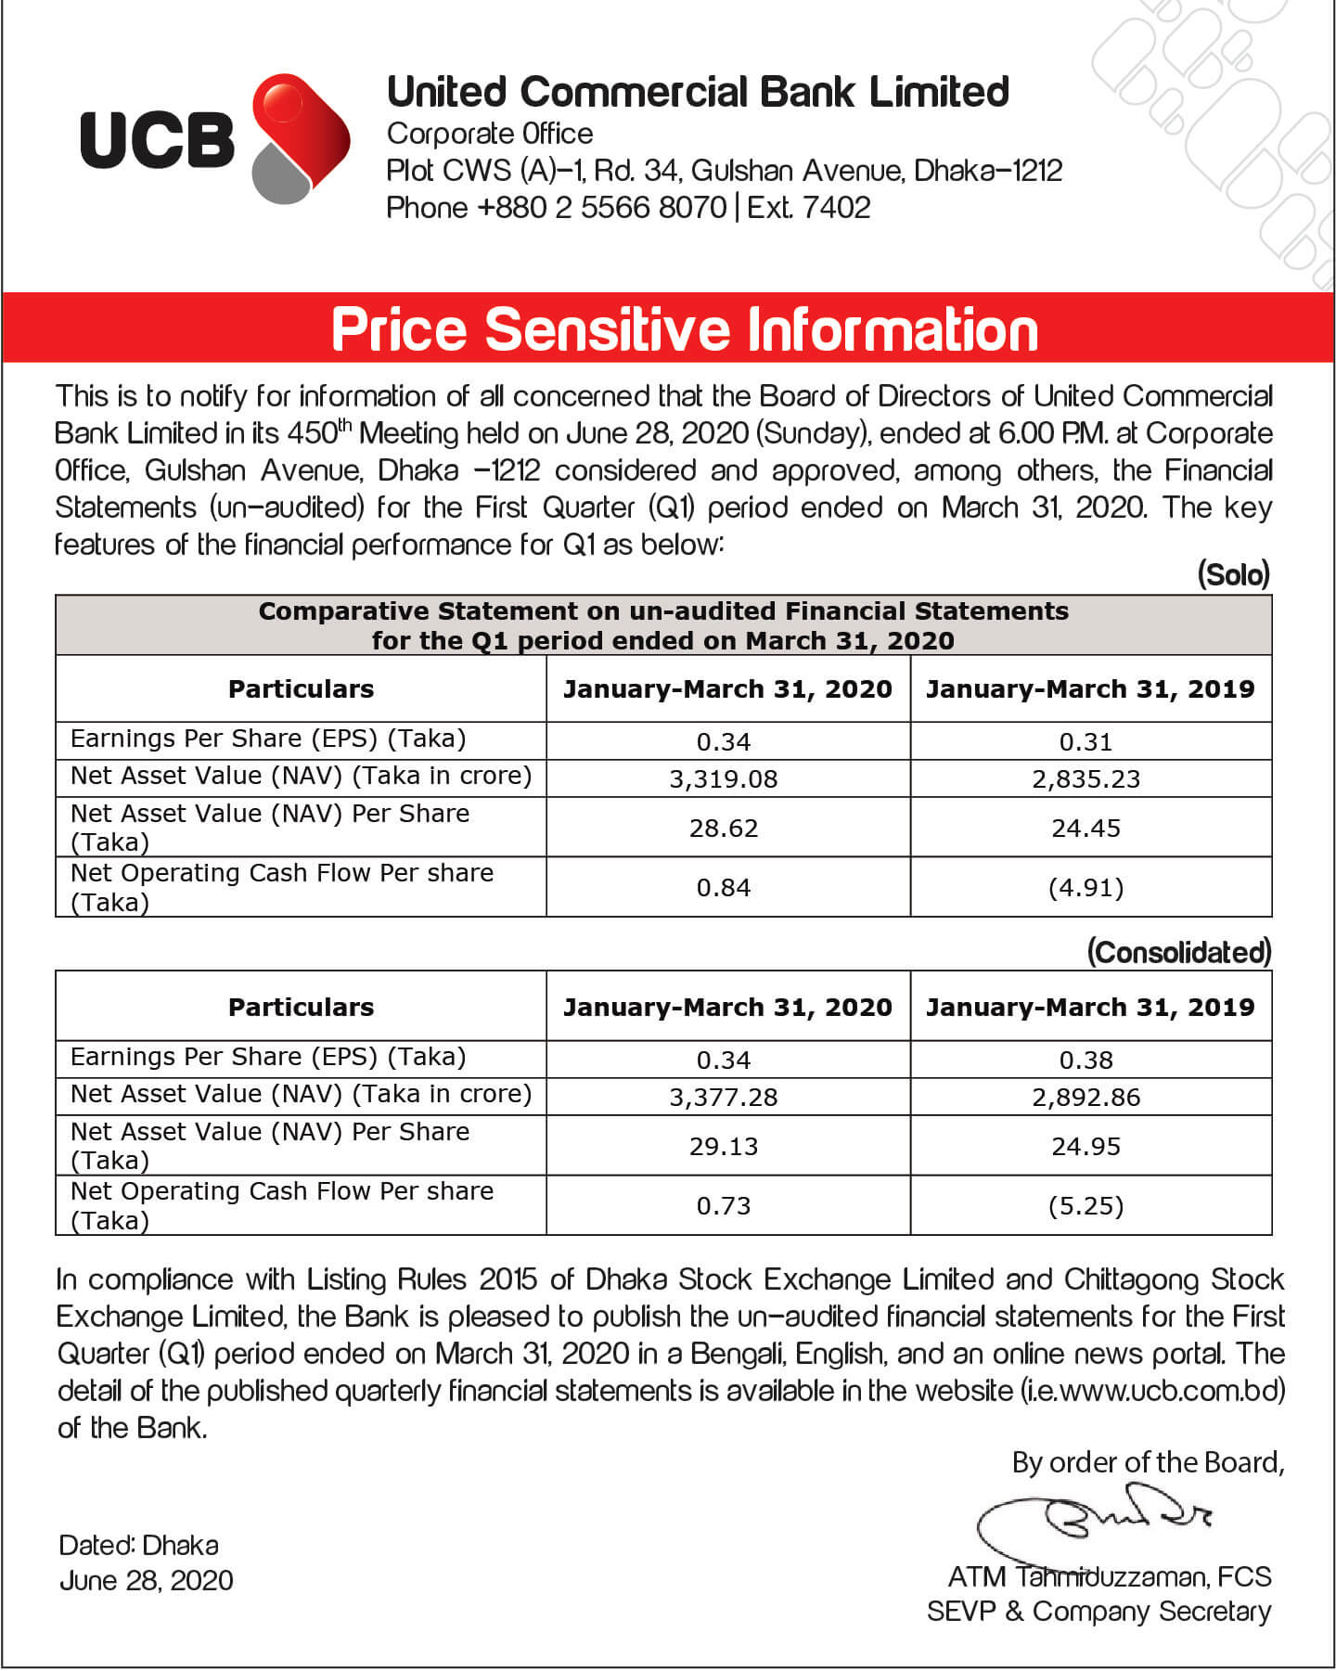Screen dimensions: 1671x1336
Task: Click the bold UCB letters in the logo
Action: pyautogui.click(x=157, y=141)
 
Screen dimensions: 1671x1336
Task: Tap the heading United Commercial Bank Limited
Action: pyautogui.click(x=698, y=92)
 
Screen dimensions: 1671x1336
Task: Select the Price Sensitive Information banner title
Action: pyautogui.click(x=685, y=329)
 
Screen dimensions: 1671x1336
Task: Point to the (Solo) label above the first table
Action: pyautogui.click(x=1233, y=574)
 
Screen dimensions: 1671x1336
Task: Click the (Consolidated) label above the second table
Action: pyautogui.click(x=1178, y=952)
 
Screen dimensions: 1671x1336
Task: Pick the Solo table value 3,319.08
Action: pyautogui.click(x=724, y=778)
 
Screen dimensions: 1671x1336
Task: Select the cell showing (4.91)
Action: pyautogui.click(x=1085, y=888)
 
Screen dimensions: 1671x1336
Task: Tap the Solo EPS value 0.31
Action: pyautogui.click(x=1085, y=742)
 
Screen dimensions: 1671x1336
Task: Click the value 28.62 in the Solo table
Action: pyautogui.click(x=724, y=828)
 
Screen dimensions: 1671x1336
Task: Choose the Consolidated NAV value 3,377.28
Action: pyautogui.click(x=724, y=1097)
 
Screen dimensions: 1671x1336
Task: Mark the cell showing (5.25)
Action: pyautogui.click(x=1085, y=1206)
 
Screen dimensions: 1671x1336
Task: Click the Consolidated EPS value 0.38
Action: pyautogui.click(x=1085, y=1060)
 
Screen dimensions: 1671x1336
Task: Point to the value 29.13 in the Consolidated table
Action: pyautogui.click(x=724, y=1146)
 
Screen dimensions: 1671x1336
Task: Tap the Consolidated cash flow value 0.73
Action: pyautogui.click(x=724, y=1206)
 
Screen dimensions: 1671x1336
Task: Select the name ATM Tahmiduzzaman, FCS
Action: pyautogui.click(x=1110, y=1576)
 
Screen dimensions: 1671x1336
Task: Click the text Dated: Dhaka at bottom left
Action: pyautogui.click(x=139, y=1545)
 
